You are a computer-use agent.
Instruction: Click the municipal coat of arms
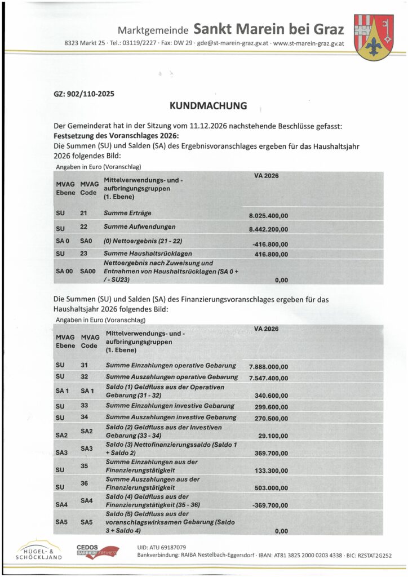tap(374, 37)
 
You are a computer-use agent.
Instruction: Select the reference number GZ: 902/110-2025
tap(84, 94)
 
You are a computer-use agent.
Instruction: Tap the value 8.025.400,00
tap(268, 216)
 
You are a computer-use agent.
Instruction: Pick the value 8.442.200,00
tap(268, 229)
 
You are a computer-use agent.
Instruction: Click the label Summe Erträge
tap(127, 213)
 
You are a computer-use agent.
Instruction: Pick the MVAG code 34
tap(85, 418)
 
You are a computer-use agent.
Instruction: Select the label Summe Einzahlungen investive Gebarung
tap(170, 406)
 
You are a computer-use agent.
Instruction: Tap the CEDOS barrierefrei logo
tap(97, 551)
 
